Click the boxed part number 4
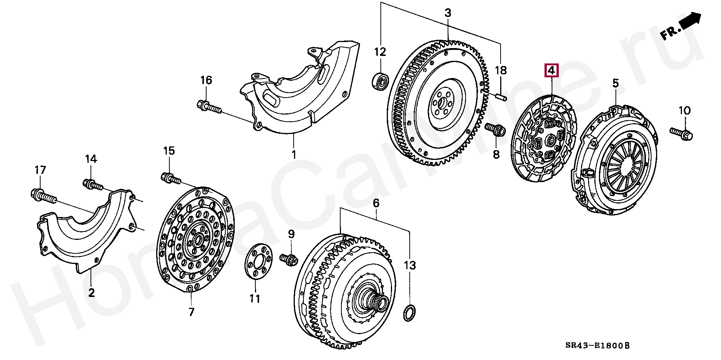click(551, 71)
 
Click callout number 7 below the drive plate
click(191, 312)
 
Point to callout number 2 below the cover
click(92, 292)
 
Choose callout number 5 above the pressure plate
click(615, 83)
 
